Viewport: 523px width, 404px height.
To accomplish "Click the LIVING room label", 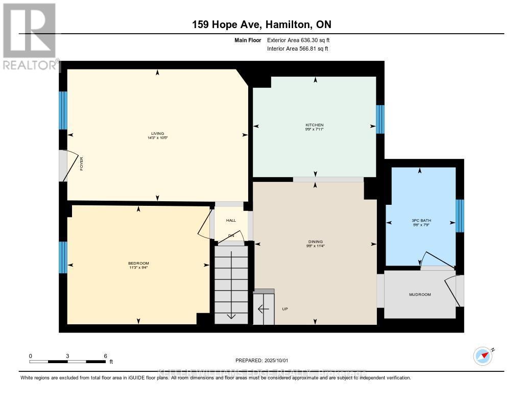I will point(157,134).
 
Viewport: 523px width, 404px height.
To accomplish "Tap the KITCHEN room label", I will point(315,125).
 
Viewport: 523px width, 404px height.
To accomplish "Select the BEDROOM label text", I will point(138,263).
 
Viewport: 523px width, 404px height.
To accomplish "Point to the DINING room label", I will point(315,242).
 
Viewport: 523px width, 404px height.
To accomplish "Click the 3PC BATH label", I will point(420,221).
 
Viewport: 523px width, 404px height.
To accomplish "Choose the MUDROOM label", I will point(420,295).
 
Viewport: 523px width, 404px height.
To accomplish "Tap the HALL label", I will point(231,220).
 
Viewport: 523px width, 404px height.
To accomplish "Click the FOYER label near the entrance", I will point(81,164).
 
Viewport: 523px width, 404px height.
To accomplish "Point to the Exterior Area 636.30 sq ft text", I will point(302,40).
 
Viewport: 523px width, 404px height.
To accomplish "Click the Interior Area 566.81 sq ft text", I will point(297,49).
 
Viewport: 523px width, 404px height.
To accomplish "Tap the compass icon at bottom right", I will point(483,355).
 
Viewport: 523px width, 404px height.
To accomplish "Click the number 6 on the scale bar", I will point(105,355).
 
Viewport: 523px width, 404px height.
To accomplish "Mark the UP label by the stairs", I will point(285,309).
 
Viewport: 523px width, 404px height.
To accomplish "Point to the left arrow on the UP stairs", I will point(263,309).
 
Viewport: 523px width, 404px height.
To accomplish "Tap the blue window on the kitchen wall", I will point(380,120).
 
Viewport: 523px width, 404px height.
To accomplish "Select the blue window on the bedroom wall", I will point(63,257).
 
